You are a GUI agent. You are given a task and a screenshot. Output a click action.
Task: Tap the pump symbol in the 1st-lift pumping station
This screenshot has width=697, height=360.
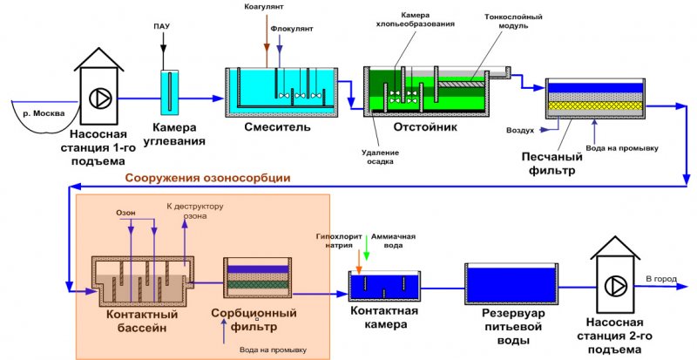point(101,96)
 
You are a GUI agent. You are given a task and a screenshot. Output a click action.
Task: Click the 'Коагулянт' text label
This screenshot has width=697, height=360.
point(265,8)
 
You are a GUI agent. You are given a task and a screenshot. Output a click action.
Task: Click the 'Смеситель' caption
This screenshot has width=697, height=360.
point(277,127)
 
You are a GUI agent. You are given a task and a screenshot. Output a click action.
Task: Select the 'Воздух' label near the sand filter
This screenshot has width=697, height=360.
point(520,131)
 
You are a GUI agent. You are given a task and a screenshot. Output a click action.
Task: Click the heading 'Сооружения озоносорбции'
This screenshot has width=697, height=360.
point(207,178)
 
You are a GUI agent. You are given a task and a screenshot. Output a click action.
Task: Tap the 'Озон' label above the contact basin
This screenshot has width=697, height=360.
point(126,213)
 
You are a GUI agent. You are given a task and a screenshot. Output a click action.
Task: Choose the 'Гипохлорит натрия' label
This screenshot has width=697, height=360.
point(341,241)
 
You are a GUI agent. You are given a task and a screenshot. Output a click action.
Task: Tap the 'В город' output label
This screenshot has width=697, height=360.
point(660,278)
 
